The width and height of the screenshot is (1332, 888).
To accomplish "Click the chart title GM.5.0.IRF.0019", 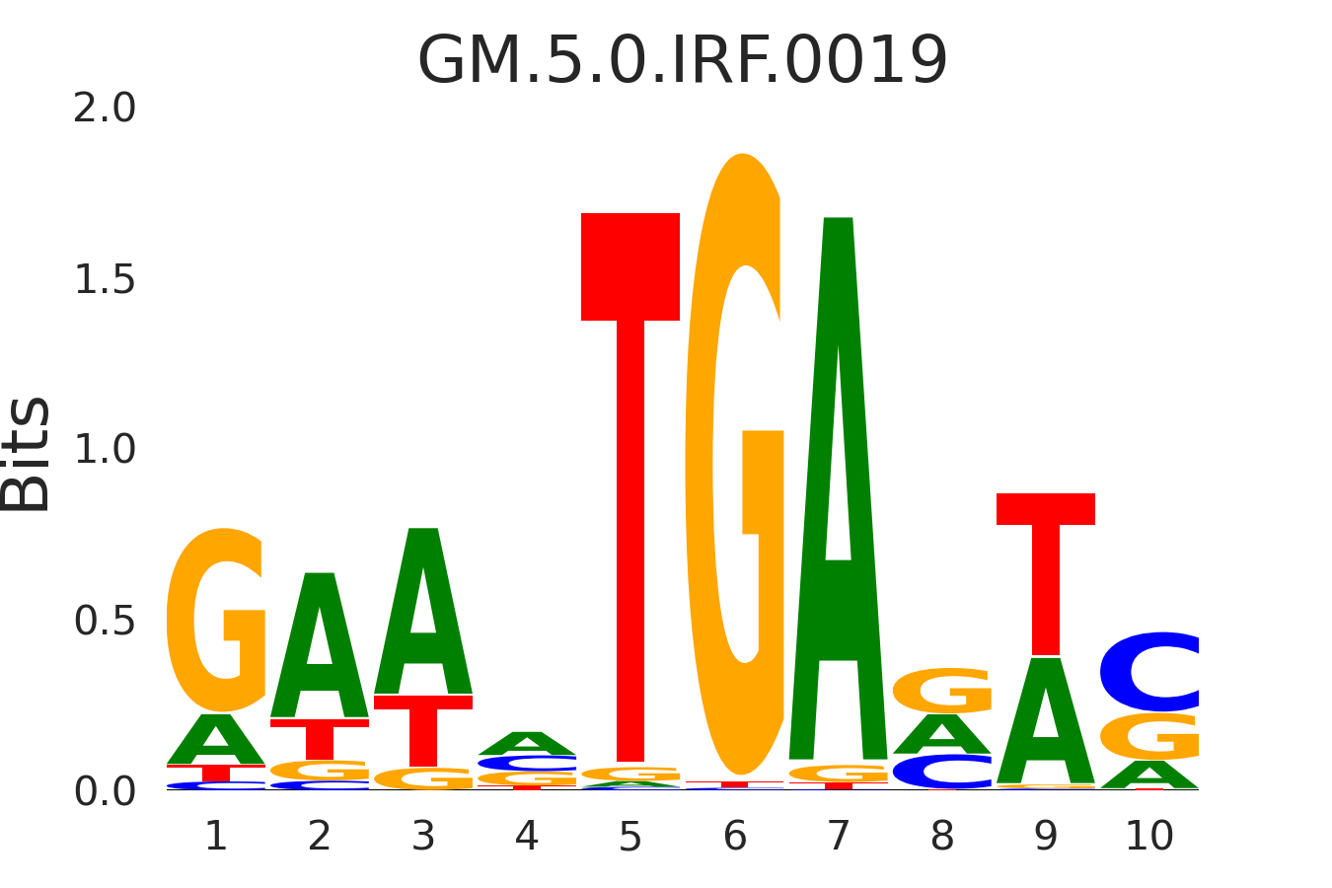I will (x=683, y=61).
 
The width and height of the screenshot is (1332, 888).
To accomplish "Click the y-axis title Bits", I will (x=27, y=454).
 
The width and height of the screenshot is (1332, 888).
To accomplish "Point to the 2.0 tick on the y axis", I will (x=105, y=109).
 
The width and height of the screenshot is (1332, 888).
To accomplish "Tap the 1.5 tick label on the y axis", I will (x=105, y=280).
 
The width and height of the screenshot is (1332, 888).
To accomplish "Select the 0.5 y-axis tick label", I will (x=105, y=622).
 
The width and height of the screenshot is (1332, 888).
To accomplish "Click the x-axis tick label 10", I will (x=1149, y=837).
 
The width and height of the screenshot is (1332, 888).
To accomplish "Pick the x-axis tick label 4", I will (x=527, y=837).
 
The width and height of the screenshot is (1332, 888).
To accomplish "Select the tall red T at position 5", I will (x=630, y=493).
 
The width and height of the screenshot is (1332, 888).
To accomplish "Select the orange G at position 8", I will (x=942, y=691).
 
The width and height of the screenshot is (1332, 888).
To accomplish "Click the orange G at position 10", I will (x=1149, y=736).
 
